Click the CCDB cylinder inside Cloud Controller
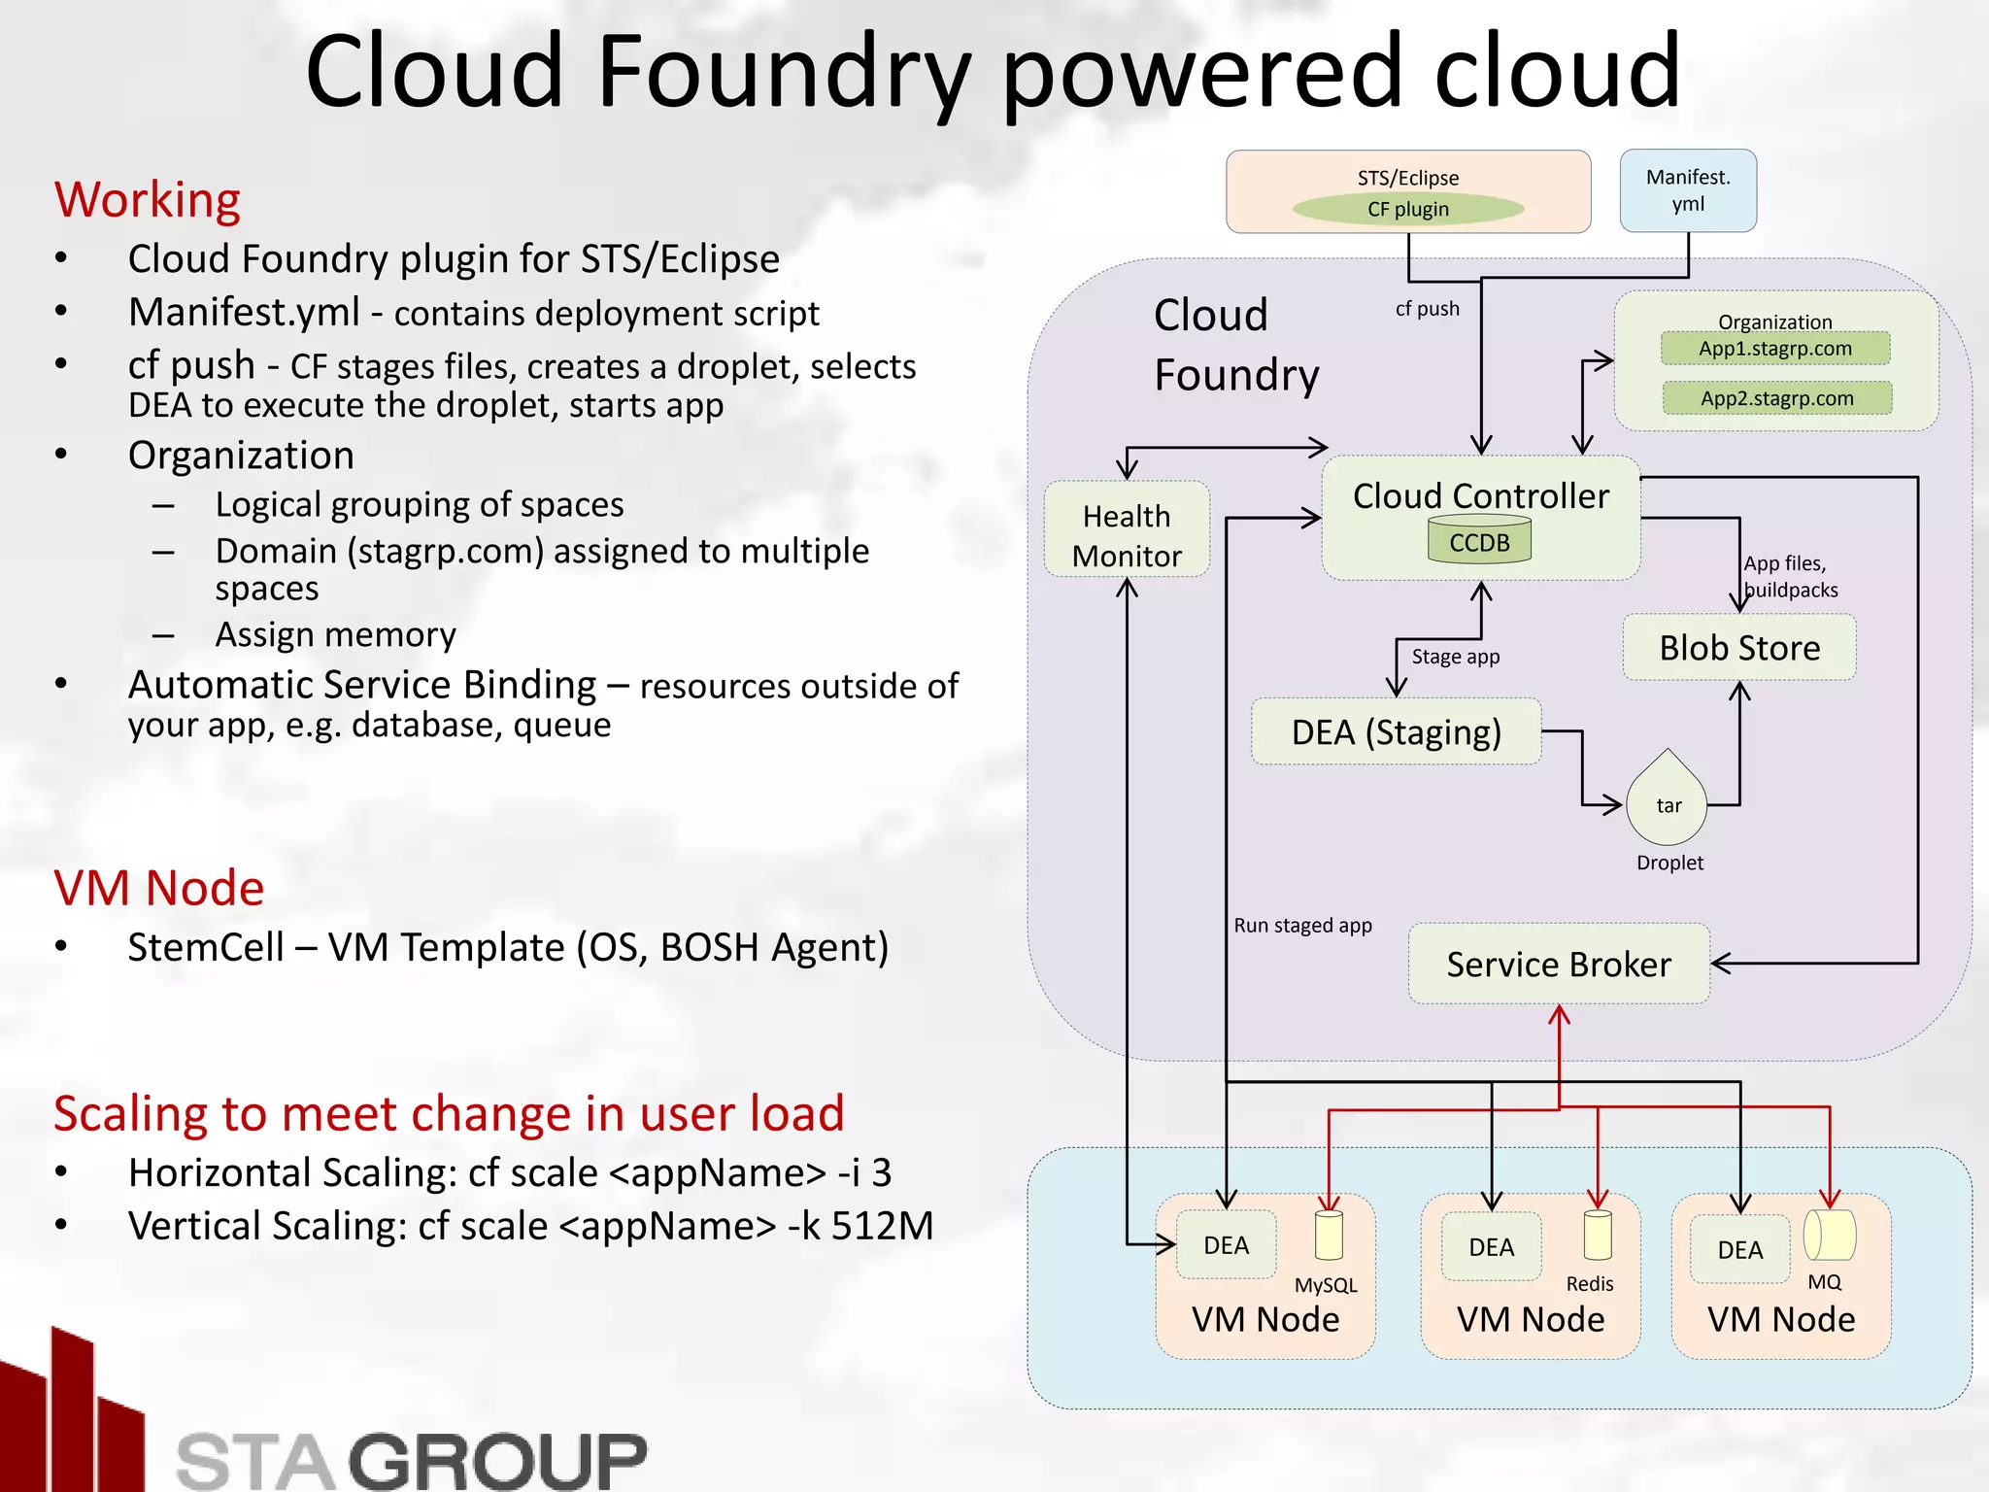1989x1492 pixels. (1479, 540)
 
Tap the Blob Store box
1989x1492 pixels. (1738, 648)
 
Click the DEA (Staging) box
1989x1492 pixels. (1396, 732)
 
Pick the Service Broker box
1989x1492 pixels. (1558, 965)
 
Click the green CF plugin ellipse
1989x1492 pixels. (1407, 209)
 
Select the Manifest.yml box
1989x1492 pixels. (1688, 190)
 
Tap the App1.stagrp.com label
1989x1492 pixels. (1774, 349)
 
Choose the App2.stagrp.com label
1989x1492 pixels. (1776, 398)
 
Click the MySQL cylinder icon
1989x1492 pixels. (1329, 1236)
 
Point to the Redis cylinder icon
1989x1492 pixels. (1597, 1236)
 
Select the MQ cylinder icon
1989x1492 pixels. (1829, 1236)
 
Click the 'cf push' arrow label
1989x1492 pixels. (1427, 309)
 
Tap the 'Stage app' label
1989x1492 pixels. (1455, 657)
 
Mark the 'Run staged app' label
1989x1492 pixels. (1302, 926)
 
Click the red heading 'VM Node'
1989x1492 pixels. (159, 888)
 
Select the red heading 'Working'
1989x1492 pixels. (148, 200)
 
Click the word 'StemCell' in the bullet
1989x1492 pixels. (206, 947)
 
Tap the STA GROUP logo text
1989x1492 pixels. (411, 1460)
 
